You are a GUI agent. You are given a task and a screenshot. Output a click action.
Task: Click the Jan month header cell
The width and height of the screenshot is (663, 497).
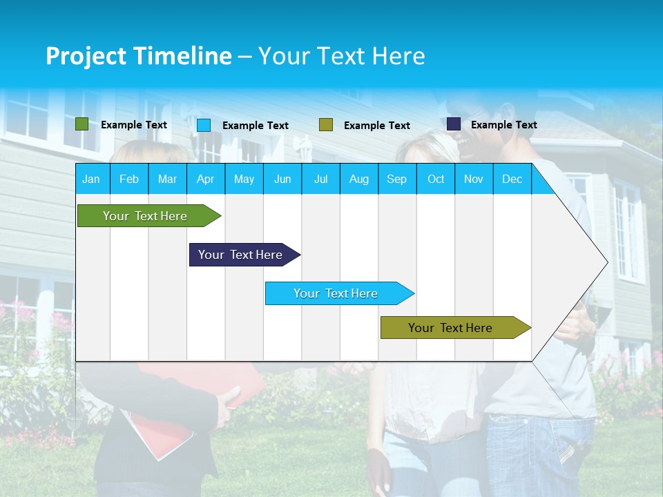[92, 179]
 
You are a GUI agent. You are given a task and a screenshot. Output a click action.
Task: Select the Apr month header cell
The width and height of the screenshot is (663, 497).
[206, 179]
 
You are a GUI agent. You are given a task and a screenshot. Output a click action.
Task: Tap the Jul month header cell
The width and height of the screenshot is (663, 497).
[320, 179]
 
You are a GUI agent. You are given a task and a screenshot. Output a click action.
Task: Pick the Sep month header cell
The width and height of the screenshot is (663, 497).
[397, 179]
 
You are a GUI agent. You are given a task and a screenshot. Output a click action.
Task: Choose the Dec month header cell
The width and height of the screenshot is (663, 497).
[512, 179]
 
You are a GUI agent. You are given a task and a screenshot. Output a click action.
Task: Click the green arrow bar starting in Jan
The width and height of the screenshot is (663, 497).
[146, 216]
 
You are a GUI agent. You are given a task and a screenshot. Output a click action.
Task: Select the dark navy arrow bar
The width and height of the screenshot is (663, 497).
[241, 255]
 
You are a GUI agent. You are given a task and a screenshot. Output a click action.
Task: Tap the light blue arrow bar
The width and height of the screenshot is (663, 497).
[336, 293]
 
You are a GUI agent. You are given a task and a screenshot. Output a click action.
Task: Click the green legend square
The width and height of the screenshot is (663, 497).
[81, 124]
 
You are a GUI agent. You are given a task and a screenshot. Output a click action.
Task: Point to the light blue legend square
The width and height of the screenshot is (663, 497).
[204, 125]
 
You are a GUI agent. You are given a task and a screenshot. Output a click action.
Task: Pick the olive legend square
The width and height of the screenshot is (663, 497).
[326, 124]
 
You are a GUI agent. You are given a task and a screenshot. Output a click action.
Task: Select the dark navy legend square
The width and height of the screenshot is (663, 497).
[453, 124]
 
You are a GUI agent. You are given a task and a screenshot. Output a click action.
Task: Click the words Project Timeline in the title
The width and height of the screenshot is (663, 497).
[139, 56]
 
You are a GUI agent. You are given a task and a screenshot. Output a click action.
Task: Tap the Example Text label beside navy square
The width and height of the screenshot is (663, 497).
[503, 125]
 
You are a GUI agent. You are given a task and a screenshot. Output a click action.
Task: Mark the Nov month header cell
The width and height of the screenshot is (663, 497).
[474, 179]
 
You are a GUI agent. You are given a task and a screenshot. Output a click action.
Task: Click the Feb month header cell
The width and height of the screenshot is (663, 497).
[129, 179]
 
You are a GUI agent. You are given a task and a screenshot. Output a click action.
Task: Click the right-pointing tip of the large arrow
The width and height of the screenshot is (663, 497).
[606, 262]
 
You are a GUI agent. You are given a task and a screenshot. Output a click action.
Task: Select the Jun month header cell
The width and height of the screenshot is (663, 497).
[282, 179]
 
